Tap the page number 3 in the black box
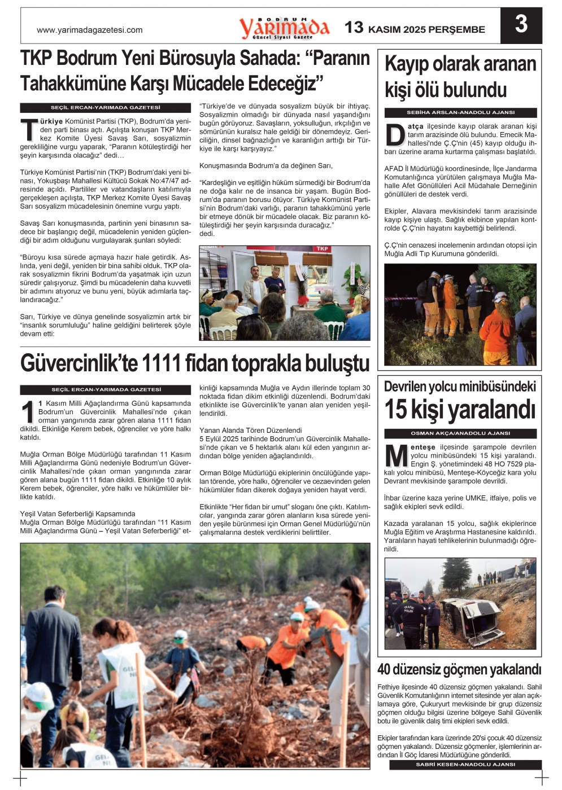tap(521, 25)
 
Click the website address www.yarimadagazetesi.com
tap(89, 30)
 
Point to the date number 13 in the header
tap(354, 27)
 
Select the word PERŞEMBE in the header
tap(457, 30)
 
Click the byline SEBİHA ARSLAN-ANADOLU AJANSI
tap(460, 112)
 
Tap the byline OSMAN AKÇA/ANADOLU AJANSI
tap(460, 433)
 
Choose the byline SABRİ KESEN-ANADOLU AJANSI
tap(465, 765)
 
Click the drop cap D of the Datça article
tap(395, 135)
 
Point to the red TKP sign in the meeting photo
tap(322, 249)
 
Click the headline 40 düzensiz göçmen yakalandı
tap(459, 670)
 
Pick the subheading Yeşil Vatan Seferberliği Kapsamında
tap(77, 514)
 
